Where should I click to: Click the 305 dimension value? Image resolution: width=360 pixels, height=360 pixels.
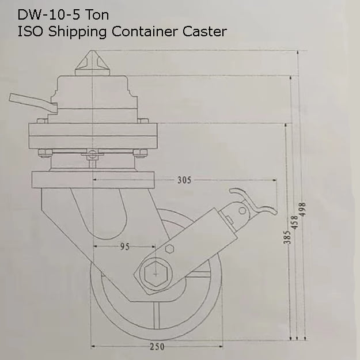[x=184, y=180]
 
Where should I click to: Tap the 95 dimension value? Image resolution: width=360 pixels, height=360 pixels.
[x=124, y=246]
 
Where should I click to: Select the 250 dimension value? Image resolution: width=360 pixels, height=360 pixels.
[x=157, y=347]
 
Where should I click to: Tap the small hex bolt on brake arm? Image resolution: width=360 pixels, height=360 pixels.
[x=170, y=249]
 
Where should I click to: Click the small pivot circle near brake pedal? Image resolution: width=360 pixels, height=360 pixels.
[x=242, y=210]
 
